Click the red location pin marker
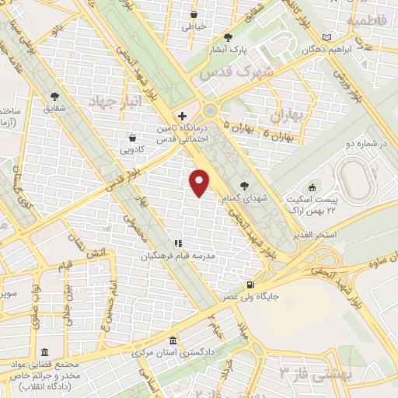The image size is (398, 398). pos(200,181)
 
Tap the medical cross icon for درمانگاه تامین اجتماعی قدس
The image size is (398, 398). pos(182,115)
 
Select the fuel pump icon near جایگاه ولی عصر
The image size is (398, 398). pos(250,285)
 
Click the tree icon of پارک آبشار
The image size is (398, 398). pos(228,37)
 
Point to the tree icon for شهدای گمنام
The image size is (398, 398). pos(246,186)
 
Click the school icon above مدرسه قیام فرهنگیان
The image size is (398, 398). pos(178,243)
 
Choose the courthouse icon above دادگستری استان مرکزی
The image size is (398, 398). pos(172,342)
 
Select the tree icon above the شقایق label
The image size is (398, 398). pos(54,97)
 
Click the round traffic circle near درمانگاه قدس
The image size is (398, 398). pos(211,111)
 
